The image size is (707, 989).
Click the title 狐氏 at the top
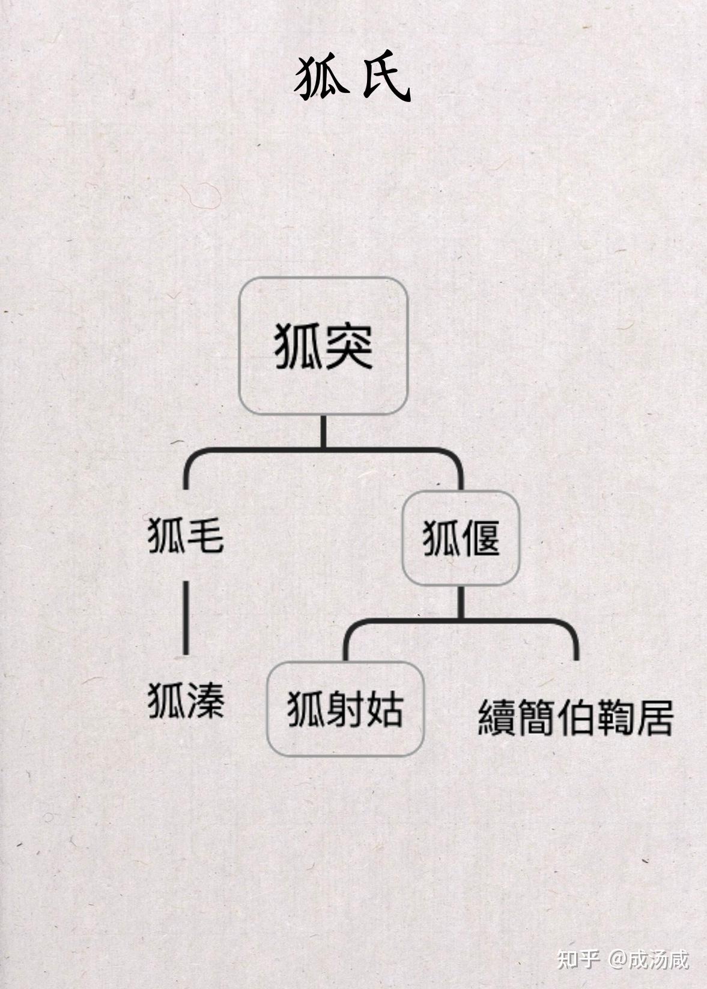353,79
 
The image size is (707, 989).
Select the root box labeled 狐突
323,346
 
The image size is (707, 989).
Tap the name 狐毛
186,535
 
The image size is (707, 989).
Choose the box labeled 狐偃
461,538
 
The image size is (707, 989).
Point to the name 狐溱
186,700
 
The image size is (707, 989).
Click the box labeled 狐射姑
345,709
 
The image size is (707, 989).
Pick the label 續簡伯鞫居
575,717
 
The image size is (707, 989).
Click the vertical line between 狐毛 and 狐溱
186,618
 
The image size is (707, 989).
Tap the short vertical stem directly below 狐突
323,431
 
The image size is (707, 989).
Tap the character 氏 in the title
386,79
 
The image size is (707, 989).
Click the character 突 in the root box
348,346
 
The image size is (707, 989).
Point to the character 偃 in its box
480,538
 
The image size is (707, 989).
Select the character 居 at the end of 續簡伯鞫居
655,717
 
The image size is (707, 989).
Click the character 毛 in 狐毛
205,535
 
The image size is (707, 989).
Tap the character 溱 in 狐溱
205,700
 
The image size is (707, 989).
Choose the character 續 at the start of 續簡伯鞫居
497,717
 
